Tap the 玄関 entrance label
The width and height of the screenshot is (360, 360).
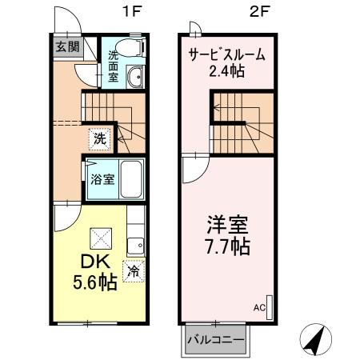66,46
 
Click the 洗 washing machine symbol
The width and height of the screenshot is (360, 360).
98,137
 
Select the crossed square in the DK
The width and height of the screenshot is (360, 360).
102,238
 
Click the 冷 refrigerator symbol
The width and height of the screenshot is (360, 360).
134,270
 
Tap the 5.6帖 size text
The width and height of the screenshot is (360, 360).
91,283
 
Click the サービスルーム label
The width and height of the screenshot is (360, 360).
227,56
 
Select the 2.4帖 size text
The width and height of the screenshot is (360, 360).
227,73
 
